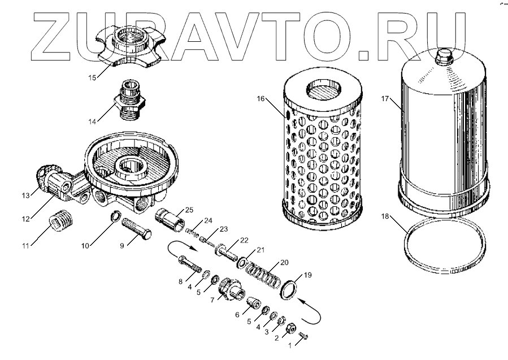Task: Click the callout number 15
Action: tap(92, 78)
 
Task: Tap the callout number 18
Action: tap(385, 216)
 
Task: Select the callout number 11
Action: tap(25, 246)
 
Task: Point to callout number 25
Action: tap(189, 210)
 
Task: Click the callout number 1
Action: tap(290, 346)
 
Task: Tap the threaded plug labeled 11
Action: tap(62, 220)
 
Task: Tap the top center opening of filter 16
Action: tap(324, 87)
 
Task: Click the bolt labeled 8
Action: tap(189, 264)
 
